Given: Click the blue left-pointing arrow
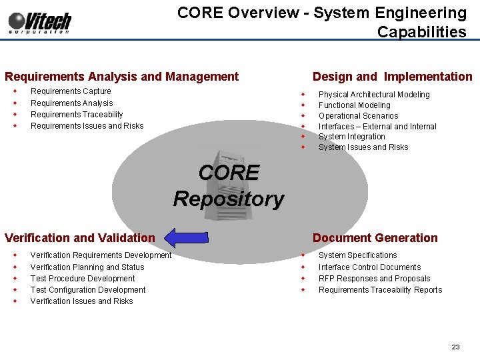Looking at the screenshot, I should [x=187, y=237].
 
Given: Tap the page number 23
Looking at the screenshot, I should [x=455, y=347].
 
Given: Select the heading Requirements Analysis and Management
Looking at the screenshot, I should [x=121, y=77].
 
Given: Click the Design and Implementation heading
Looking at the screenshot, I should [x=392, y=77].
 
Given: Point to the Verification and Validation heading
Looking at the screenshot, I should [x=79, y=238].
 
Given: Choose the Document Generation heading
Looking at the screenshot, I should [x=375, y=238].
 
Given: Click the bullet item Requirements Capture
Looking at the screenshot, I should [x=71, y=91].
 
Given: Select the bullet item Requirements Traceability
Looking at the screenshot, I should [x=77, y=115].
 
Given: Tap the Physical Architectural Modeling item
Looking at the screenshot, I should [x=374, y=95].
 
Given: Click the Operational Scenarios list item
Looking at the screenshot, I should [x=358, y=116].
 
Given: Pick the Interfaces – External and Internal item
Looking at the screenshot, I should [x=377, y=127].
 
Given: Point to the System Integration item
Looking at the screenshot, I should [x=351, y=137].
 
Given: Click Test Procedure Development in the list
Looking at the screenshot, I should [x=83, y=279].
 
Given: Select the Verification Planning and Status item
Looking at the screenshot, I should [x=87, y=267].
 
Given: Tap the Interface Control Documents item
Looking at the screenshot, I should [x=369, y=267].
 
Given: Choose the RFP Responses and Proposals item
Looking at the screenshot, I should [x=374, y=279].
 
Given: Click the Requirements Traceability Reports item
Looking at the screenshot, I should [x=380, y=290].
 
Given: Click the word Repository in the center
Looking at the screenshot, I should [x=229, y=199].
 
